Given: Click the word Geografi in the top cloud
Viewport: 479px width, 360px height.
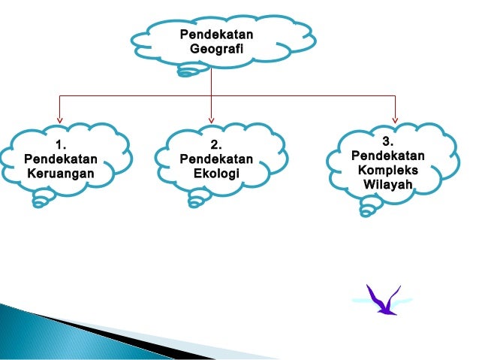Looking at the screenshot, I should (216, 49).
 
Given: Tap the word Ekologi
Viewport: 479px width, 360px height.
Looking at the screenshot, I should (216, 174).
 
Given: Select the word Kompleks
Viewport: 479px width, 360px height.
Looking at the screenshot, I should (388, 171).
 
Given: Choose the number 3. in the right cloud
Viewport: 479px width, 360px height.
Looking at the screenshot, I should (387, 141).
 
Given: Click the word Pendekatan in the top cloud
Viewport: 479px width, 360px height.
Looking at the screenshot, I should (216, 35).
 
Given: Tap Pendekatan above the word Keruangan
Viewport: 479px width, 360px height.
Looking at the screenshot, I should (61, 159).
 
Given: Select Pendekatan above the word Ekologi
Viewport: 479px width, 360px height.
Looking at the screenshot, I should (216, 159).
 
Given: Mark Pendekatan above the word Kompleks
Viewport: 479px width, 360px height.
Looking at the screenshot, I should (387, 156).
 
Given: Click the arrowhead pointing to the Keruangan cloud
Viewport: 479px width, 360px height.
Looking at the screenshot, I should (60, 118).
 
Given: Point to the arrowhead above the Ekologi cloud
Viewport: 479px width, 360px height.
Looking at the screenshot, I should (212, 118).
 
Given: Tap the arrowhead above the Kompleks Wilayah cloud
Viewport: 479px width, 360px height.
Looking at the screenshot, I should (395, 118).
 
